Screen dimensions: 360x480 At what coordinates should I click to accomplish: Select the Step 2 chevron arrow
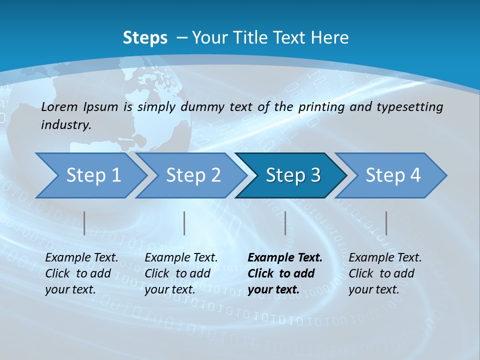coord(193,175)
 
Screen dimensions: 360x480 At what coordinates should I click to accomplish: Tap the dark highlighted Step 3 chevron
coord(292,175)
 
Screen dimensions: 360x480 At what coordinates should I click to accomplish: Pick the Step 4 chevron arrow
coord(392,175)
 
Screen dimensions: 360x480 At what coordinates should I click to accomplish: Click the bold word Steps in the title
coord(145,37)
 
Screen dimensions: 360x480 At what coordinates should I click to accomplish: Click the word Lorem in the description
coord(59,107)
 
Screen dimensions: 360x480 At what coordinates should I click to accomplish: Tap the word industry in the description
coord(66,124)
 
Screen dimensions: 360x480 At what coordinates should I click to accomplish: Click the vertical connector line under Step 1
coord(84,223)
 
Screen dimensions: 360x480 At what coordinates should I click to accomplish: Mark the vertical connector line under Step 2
coord(184,223)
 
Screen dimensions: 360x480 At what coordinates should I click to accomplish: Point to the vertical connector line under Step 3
coord(285,223)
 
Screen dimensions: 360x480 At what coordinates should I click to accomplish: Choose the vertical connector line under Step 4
coord(386,223)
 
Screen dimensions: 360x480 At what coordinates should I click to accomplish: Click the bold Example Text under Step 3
coord(285,258)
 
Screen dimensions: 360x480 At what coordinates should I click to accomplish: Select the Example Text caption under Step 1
coord(81,258)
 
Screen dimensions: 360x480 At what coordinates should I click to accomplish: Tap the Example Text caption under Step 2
coord(181,258)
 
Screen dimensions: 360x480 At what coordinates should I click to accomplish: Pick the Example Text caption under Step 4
coord(385,258)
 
